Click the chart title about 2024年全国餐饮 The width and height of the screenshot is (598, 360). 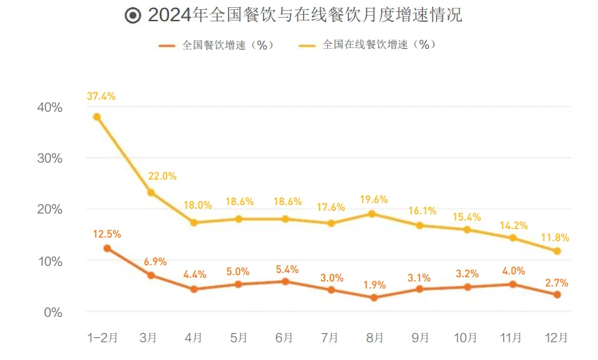(305, 16)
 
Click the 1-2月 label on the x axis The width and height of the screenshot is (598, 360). (102, 337)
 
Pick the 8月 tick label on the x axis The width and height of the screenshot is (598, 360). (375, 337)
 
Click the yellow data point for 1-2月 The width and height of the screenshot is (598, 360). (97, 117)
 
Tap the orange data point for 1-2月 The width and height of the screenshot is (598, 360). (107, 248)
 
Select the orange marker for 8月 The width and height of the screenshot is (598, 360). (374, 298)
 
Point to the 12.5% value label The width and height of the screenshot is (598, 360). (107, 233)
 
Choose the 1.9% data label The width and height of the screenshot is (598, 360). (374, 285)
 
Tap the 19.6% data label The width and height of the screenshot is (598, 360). (374, 199)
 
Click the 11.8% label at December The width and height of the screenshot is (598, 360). (556, 238)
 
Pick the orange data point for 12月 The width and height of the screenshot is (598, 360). (557, 294)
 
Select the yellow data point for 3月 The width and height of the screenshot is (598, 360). (151, 192)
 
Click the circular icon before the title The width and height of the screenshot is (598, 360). (132, 16)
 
